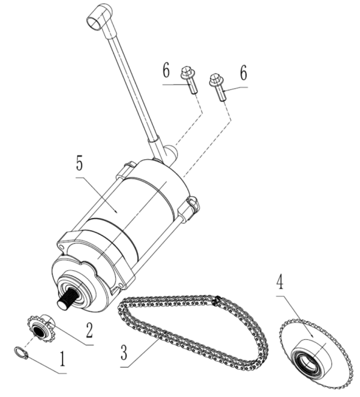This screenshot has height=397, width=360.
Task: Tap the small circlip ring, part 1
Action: (21, 353)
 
